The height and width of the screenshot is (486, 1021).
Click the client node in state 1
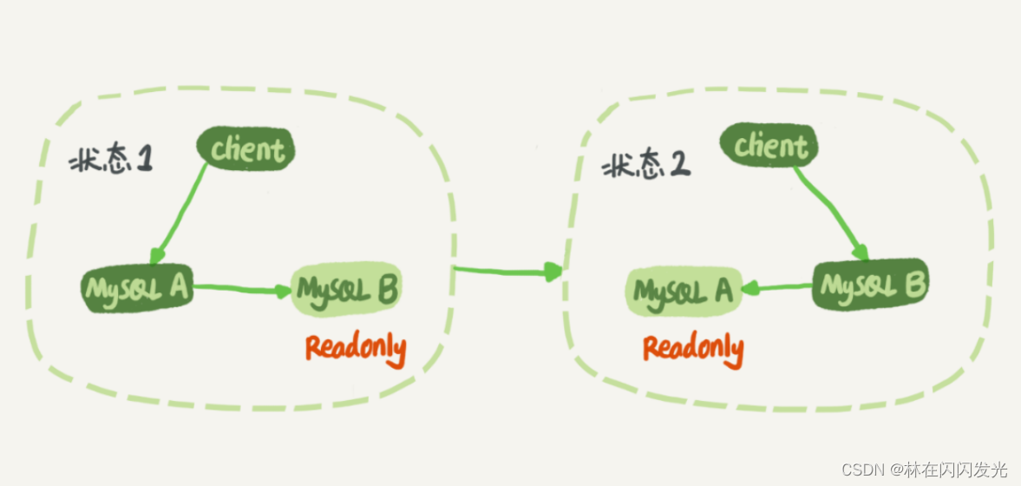tap(245, 148)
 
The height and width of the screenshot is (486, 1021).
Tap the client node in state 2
tap(769, 145)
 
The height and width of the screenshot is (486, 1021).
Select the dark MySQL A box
tap(137, 287)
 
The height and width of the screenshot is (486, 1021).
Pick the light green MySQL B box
tap(347, 289)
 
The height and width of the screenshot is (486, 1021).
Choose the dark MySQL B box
tap(871, 286)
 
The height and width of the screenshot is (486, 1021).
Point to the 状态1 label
tap(111, 161)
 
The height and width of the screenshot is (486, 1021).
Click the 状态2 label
tap(645, 167)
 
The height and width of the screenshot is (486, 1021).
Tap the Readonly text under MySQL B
tap(357, 349)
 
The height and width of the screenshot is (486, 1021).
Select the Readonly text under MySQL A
tap(693, 349)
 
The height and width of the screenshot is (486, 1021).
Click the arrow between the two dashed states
tap(507, 271)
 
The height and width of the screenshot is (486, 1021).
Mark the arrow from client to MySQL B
tap(829, 213)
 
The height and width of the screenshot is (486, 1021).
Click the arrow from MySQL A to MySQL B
tap(242, 289)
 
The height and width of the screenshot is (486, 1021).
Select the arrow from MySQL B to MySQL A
tap(776, 287)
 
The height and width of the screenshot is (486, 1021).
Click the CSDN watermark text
tap(923, 469)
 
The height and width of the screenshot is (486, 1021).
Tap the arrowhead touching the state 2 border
tap(553, 272)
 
